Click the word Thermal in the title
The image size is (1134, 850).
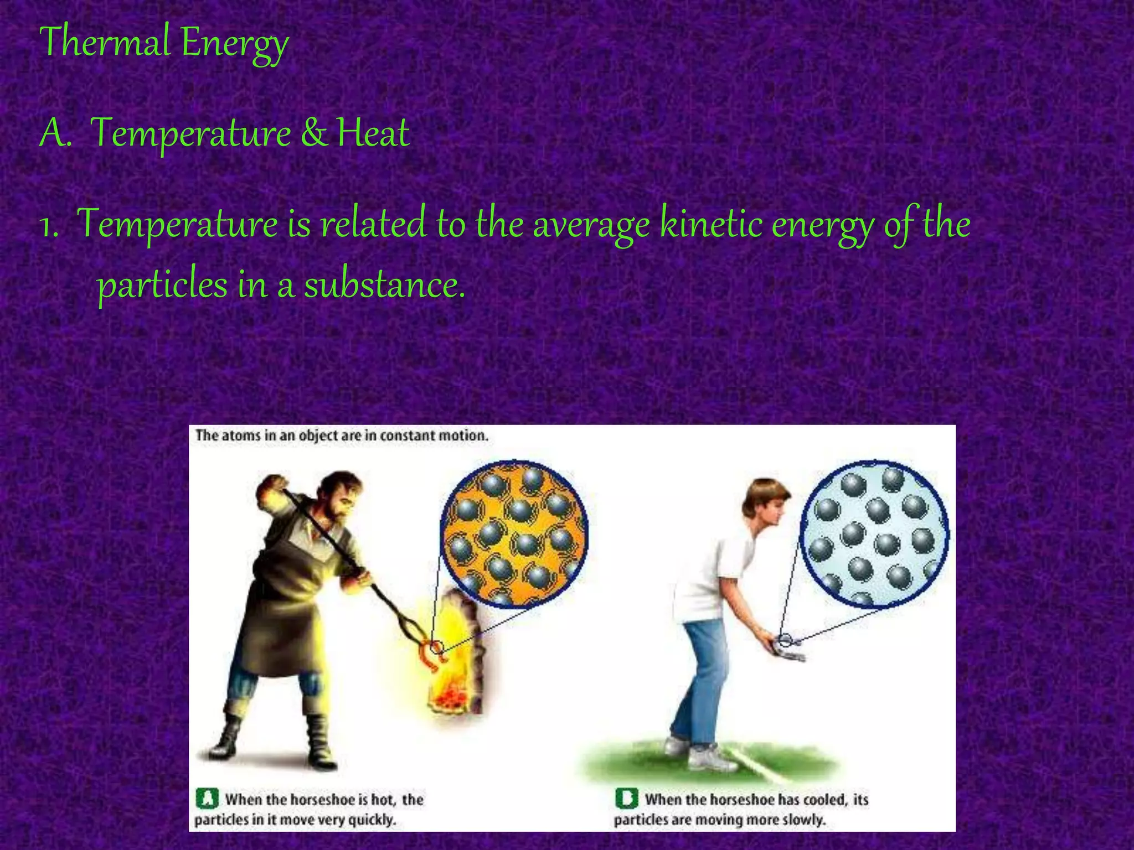click(105, 42)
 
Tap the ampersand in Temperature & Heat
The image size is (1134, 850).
click(314, 133)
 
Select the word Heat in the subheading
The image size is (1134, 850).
click(373, 133)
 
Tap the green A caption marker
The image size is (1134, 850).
click(207, 799)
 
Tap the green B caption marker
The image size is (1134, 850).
click(626, 799)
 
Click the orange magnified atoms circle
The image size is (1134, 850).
click(514, 534)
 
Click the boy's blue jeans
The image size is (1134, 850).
click(699, 681)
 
